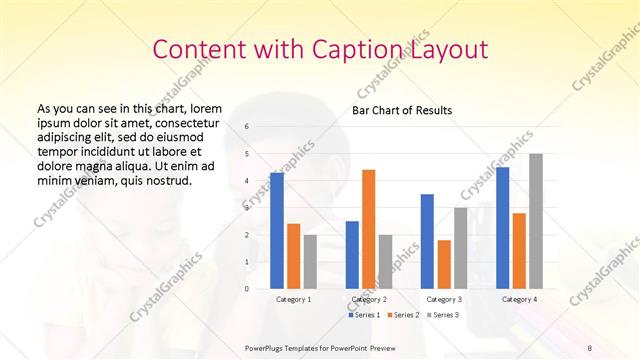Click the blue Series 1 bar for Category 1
click(x=277, y=231)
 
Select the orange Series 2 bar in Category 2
click(x=369, y=229)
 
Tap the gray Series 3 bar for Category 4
click(x=536, y=221)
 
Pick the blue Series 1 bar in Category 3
click(x=427, y=241)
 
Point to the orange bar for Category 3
click(x=444, y=264)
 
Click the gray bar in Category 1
click(x=310, y=261)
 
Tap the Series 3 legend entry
click(x=442, y=315)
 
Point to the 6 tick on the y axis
click(x=247, y=127)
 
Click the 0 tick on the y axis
click(x=247, y=289)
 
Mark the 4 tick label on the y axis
click(x=247, y=181)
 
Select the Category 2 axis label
click(x=369, y=299)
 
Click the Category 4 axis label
click(x=519, y=299)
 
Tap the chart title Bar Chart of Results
click(x=400, y=109)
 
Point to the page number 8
click(x=590, y=346)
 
